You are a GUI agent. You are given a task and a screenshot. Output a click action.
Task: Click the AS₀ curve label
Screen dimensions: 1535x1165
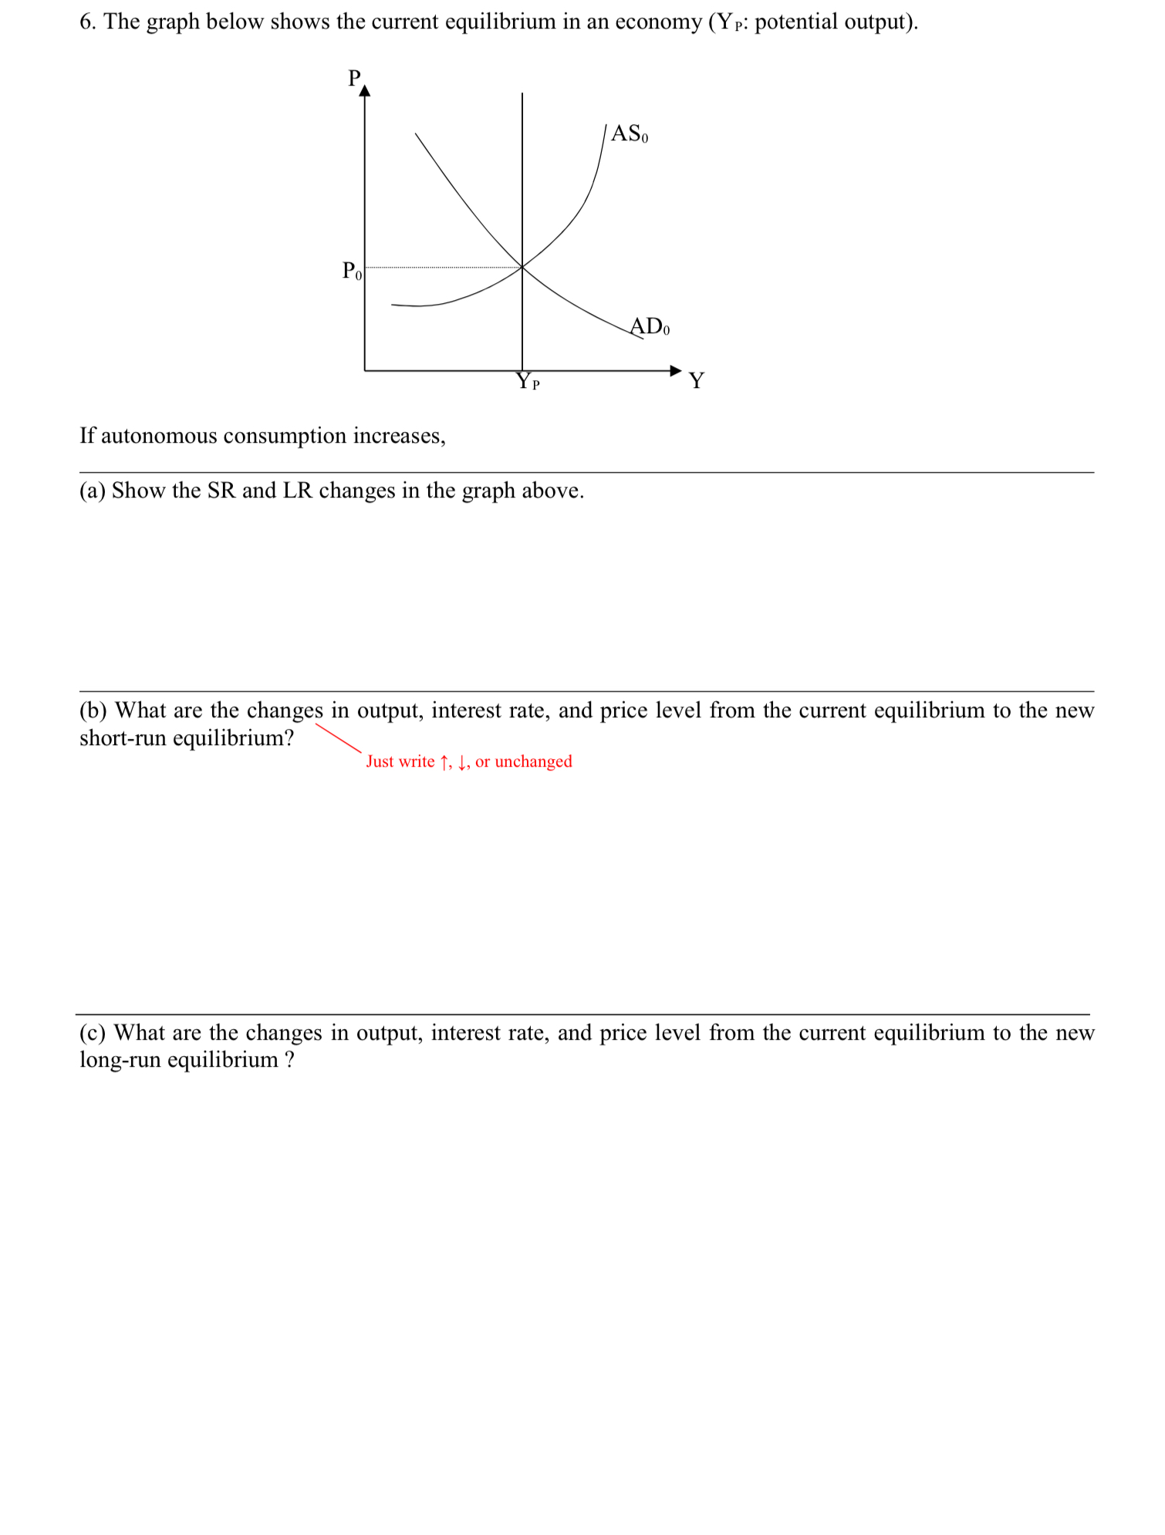(x=629, y=134)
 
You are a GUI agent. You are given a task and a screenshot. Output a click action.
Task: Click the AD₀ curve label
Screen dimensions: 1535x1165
(x=650, y=326)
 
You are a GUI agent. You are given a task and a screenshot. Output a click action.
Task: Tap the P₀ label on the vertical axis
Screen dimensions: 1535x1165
(x=351, y=271)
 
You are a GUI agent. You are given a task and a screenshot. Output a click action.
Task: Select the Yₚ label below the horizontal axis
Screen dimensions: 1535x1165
(x=528, y=381)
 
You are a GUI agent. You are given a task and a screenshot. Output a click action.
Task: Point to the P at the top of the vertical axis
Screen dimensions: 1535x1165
(x=354, y=78)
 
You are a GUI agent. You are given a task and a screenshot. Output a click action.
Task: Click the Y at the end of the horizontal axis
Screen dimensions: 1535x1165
(x=696, y=380)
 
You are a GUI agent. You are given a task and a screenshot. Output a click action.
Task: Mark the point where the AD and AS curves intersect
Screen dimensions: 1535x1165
(x=522, y=267)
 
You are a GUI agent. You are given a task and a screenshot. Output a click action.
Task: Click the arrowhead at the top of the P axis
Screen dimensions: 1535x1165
(x=365, y=91)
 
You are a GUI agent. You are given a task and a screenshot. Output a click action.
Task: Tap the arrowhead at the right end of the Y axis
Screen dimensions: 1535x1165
(x=676, y=370)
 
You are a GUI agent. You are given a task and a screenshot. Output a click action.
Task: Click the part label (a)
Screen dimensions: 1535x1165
(x=92, y=491)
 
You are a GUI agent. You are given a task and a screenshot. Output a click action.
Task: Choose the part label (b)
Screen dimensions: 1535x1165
(x=93, y=710)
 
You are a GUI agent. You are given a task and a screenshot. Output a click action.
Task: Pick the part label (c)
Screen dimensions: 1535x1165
(x=92, y=1032)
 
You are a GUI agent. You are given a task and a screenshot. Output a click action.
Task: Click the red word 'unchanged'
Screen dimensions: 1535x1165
(x=533, y=761)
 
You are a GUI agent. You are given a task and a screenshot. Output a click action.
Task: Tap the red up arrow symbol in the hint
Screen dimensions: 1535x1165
(x=444, y=762)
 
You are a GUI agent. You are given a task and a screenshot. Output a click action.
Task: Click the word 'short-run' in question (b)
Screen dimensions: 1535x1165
(x=123, y=738)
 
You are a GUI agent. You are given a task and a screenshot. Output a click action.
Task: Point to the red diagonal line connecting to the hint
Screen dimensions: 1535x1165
(x=338, y=737)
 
